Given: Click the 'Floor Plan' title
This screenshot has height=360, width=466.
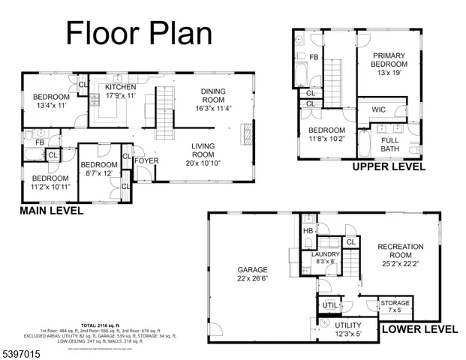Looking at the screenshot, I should tap(139, 33).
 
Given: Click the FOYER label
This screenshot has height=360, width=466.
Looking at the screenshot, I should tap(146, 160).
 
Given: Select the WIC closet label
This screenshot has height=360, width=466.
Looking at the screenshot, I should tap(379, 110).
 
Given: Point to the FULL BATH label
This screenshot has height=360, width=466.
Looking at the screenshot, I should tap(390, 144).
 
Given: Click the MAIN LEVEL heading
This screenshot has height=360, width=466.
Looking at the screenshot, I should tap(52, 211).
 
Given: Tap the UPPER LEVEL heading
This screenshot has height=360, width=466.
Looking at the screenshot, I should tap(389, 166).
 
